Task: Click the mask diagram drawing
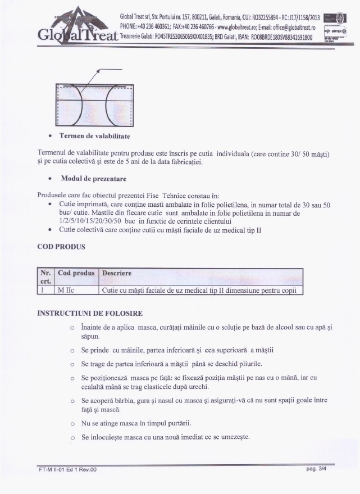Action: (x=95, y=105)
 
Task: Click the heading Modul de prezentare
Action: (x=93, y=179)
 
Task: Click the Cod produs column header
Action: (x=76, y=273)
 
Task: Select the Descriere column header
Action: (x=116, y=273)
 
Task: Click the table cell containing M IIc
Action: (x=76, y=291)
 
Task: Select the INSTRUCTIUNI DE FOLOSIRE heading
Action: (x=90, y=312)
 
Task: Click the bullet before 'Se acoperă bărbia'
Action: (x=72, y=401)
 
